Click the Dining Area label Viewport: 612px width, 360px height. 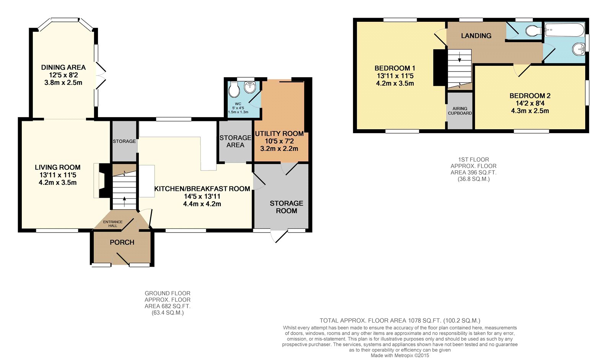(63, 67)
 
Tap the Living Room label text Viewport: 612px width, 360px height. (58, 167)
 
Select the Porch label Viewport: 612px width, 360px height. (122, 242)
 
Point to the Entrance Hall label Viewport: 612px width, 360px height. (113, 223)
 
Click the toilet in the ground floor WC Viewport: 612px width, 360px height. (234, 89)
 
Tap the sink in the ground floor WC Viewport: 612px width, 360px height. (250, 86)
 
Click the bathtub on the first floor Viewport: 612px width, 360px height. (565, 30)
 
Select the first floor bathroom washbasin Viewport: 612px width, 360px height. (579, 49)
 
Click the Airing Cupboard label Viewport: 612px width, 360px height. (460, 111)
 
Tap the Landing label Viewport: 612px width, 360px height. (476, 36)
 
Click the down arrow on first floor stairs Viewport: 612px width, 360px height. (459, 57)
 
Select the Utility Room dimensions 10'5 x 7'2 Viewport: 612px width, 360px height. (279, 141)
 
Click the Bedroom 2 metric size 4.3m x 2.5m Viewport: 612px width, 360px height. (530, 111)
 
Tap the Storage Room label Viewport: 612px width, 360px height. (286, 207)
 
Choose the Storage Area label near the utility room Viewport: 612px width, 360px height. (236, 141)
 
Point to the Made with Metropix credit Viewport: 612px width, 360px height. (400, 355)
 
